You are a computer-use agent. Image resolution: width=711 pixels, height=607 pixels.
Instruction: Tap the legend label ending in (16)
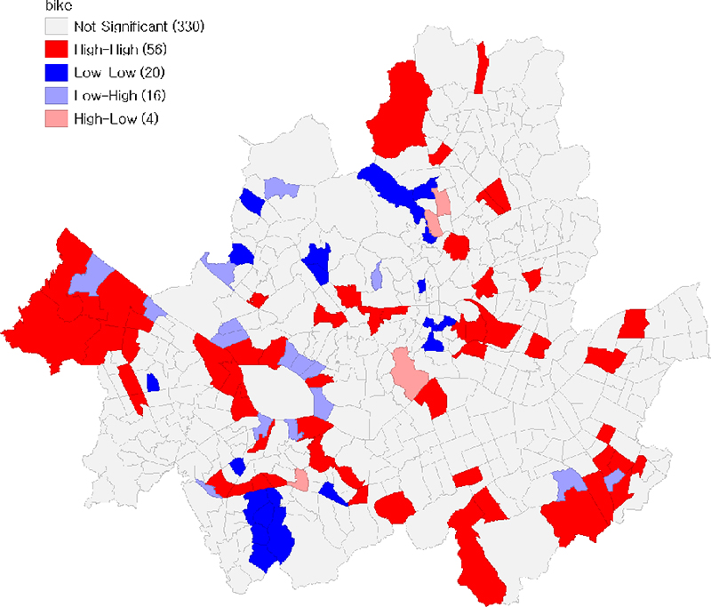pos(122,95)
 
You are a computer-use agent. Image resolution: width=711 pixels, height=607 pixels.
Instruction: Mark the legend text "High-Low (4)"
pos(118,117)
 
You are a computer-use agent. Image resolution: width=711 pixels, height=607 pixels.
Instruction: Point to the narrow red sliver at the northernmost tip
pos(481,67)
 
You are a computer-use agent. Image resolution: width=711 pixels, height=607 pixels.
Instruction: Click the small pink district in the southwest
pos(301,480)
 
